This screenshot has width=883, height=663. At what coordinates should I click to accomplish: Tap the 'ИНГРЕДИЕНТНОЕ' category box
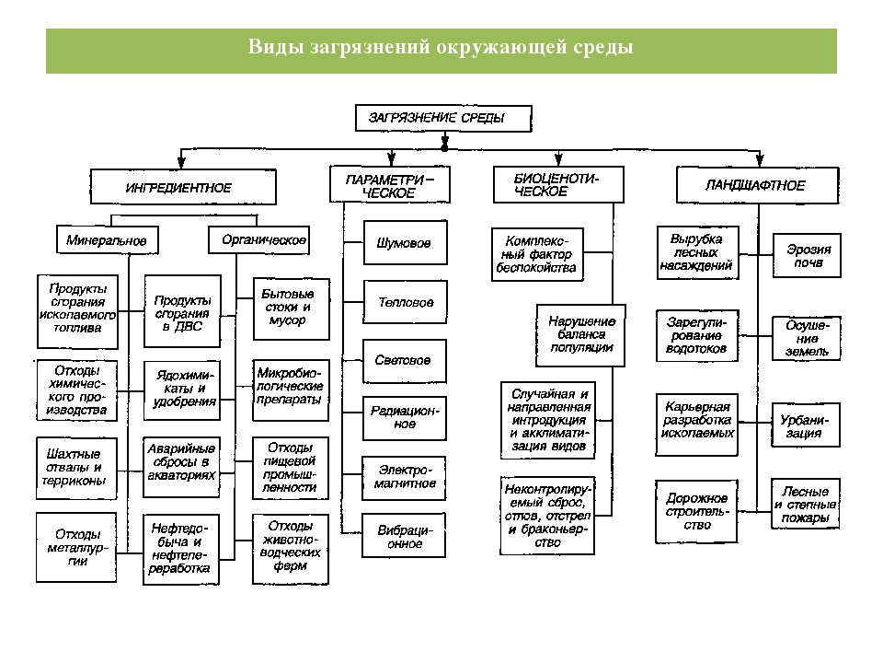point(182,187)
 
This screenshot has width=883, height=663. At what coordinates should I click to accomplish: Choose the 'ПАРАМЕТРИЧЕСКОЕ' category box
point(391,185)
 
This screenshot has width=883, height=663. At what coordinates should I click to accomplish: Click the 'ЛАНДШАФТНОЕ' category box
point(757,185)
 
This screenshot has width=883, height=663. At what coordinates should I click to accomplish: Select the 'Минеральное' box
point(107,239)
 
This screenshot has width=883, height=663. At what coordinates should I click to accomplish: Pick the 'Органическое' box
point(258,239)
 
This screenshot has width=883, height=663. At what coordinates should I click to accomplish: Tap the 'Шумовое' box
point(405,243)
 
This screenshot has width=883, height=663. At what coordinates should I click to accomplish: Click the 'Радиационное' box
point(405,417)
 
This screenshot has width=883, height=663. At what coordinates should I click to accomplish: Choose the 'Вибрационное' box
point(405,536)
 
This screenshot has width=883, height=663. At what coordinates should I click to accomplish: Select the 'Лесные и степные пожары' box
point(805,505)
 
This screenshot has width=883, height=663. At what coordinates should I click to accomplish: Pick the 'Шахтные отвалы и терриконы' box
point(77,467)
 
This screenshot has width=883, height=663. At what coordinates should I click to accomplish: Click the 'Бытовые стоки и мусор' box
point(287,307)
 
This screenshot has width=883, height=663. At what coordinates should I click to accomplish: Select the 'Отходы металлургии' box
point(77,547)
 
